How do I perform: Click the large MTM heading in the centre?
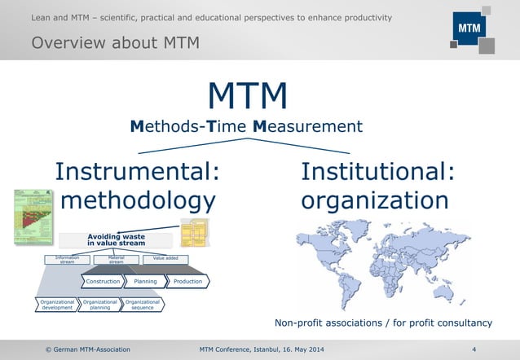(247, 97)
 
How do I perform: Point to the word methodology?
(139, 200)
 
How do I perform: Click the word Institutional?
(377, 172)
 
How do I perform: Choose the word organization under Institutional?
(374, 200)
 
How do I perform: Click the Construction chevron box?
(104, 281)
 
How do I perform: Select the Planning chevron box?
(145, 281)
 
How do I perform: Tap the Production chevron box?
(188, 281)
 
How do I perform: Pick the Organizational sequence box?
(142, 305)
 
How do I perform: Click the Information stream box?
(67, 260)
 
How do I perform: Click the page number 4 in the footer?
(474, 349)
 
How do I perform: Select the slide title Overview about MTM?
(114, 42)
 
